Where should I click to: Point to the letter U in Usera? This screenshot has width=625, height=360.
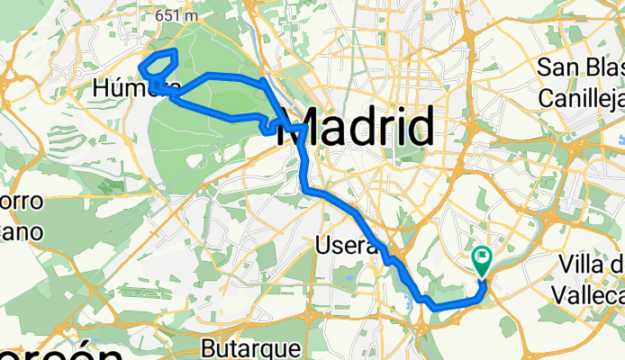click(x=323, y=245)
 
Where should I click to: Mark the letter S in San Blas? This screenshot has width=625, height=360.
click(x=545, y=67)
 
